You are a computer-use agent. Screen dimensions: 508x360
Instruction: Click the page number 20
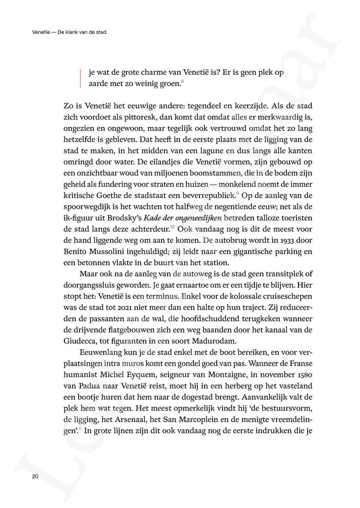coord(35,476)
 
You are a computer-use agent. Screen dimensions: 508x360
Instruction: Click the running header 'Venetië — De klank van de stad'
coord(69,32)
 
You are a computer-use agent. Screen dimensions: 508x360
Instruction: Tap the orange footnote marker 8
coord(183,81)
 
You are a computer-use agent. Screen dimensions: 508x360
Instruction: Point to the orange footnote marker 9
coord(238,194)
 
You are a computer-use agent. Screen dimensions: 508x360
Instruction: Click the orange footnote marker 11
coord(80,429)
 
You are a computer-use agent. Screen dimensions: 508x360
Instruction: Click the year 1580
coord(302,375)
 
